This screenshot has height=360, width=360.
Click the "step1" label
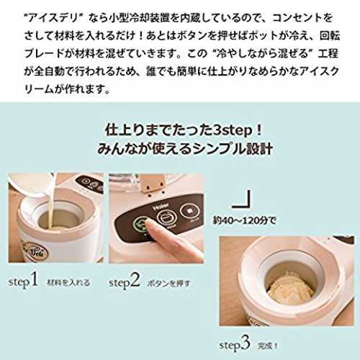click(23, 280)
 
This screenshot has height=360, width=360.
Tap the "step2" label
click(125, 281)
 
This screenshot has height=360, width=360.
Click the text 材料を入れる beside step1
click(68, 282)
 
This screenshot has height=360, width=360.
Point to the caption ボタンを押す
click(168, 284)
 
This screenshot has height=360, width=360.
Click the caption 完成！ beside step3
click(268, 346)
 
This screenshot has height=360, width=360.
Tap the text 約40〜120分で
click(245, 220)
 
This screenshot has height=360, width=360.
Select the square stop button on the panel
click(189, 212)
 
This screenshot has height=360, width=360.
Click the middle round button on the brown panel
click(167, 217)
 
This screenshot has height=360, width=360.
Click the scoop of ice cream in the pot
click(290, 287)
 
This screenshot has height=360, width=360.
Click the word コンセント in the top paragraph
click(295, 18)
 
